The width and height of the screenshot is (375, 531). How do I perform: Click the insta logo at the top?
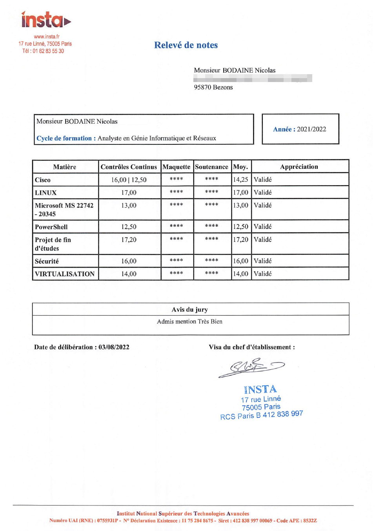coord(46,20)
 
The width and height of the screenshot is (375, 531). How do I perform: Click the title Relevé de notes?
coord(186,45)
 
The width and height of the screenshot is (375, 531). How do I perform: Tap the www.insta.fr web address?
coord(46,36)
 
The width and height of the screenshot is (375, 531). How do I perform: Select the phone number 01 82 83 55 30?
coord(48,51)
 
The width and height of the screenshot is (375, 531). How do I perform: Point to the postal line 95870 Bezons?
coord(213,87)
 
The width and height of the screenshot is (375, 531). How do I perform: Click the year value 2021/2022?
coord(311,129)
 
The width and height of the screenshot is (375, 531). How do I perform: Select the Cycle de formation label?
coord(64,138)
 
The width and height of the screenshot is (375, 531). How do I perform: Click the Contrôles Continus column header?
coord(129,167)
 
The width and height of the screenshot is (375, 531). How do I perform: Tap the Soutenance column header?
coord(211,167)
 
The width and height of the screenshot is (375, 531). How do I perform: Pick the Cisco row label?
coord(43,180)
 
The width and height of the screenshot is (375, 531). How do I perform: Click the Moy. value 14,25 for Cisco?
coord(240,180)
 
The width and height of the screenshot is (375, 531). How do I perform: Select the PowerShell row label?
coord(51,227)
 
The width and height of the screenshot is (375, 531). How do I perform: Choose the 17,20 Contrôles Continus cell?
coord(129,240)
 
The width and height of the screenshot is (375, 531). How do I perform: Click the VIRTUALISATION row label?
coord(65,274)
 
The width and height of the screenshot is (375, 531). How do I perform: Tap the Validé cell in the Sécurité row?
coord(262,261)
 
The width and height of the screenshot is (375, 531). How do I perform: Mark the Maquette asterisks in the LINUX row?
coord(177,192)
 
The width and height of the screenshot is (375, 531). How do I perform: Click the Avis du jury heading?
coord(190,310)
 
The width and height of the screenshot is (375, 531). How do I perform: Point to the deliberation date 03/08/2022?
coord(114,347)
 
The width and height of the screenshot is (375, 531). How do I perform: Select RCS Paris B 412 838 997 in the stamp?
coord(261,415)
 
